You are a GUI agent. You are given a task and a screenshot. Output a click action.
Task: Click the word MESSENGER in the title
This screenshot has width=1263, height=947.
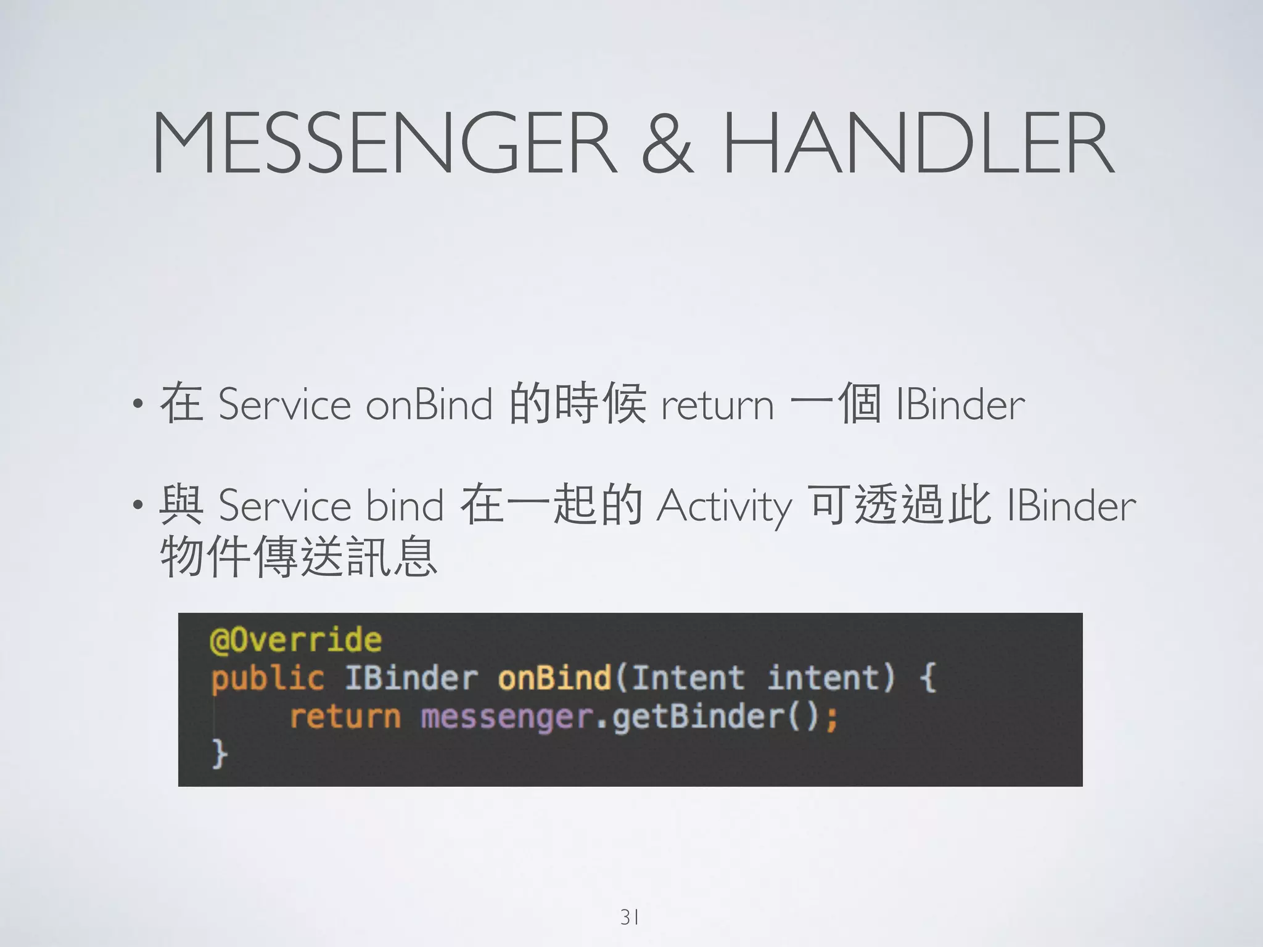pyautogui.click(x=384, y=143)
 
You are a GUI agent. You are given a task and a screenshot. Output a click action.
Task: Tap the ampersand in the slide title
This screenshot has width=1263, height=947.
pyautogui.click(x=668, y=143)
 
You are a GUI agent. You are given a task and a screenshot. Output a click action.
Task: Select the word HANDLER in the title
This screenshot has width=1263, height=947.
pyautogui.click(x=918, y=143)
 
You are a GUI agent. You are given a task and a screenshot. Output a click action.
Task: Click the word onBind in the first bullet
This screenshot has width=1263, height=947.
pyautogui.click(x=429, y=405)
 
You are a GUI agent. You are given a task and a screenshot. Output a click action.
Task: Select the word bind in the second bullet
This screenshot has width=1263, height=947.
pyautogui.click(x=405, y=506)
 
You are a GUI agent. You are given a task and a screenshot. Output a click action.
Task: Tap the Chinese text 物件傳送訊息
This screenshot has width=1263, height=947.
pyautogui.click(x=298, y=557)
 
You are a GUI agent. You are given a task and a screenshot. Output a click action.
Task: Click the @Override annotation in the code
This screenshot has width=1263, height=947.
pyautogui.click(x=296, y=640)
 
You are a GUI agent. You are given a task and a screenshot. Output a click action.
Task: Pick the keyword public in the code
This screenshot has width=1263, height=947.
pyautogui.click(x=267, y=679)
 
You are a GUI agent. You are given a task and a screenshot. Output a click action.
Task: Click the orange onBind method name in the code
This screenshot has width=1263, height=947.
pyautogui.click(x=554, y=678)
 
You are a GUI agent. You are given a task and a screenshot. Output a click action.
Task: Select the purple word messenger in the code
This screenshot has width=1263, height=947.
pyautogui.click(x=506, y=717)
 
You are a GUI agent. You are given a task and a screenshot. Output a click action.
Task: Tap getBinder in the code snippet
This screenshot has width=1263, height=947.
pyautogui.click(x=697, y=717)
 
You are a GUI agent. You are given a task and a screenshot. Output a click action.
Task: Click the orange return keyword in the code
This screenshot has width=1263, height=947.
pyautogui.click(x=345, y=717)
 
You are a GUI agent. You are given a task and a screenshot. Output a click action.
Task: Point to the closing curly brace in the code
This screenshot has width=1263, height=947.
pyautogui.click(x=220, y=754)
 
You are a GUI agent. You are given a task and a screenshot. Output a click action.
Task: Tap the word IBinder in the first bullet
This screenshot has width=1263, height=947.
pyautogui.click(x=960, y=405)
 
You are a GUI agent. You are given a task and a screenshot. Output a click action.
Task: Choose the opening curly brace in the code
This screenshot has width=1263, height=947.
pyautogui.click(x=928, y=678)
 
